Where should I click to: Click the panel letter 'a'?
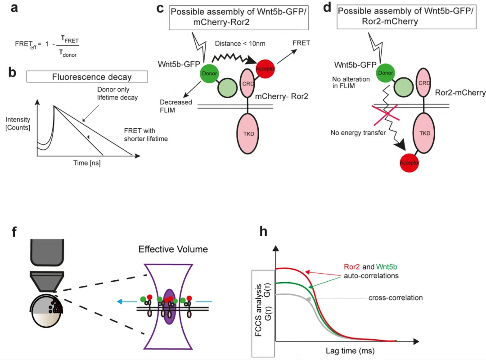click(15, 9)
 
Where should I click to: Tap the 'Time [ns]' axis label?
click(87, 163)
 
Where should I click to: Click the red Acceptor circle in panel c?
click(265, 69)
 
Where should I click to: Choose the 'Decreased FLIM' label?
click(175, 106)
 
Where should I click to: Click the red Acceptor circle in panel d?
click(409, 162)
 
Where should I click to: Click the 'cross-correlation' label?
click(396, 298)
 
